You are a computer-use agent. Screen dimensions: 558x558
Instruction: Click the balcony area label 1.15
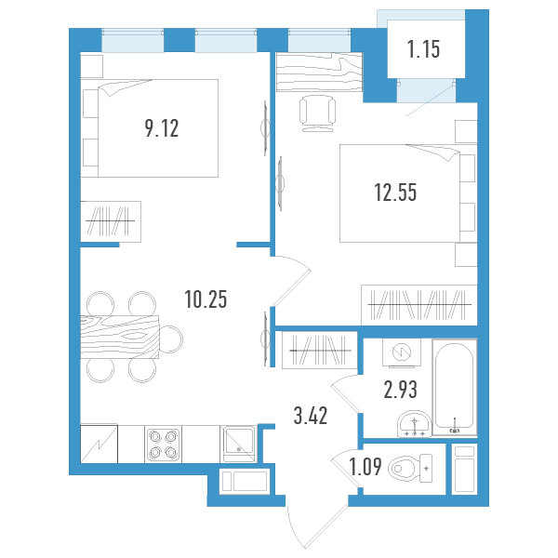click(x=423, y=48)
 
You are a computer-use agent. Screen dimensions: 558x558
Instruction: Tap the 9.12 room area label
click(x=162, y=128)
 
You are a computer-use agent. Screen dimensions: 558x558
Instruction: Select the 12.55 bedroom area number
click(x=395, y=193)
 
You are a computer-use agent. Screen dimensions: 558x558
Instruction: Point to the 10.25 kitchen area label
click(x=206, y=299)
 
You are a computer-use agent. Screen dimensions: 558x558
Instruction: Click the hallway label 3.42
click(x=311, y=416)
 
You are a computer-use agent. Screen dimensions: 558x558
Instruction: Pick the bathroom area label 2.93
click(x=400, y=390)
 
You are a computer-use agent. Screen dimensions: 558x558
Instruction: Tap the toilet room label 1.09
click(x=365, y=467)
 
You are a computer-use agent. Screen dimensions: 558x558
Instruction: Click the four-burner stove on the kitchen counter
click(x=164, y=445)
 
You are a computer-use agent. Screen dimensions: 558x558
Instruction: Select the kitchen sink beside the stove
click(x=238, y=445)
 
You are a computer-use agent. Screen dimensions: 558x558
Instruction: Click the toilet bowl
click(x=410, y=469)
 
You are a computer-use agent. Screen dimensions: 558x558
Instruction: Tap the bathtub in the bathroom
click(x=455, y=387)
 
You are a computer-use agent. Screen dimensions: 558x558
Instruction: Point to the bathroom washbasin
click(x=414, y=424)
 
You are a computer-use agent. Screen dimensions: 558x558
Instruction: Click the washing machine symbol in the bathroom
click(x=402, y=352)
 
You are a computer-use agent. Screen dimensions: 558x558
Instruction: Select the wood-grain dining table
click(x=120, y=337)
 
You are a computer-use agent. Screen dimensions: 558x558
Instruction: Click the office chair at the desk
click(x=317, y=113)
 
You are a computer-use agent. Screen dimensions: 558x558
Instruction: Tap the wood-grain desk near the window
click(x=319, y=72)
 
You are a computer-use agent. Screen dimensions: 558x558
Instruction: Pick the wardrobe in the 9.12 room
click(x=111, y=221)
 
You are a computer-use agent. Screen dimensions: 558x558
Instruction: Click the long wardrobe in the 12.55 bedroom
click(x=419, y=305)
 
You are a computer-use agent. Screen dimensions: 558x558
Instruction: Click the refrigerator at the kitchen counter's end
click(x=99, y=444)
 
